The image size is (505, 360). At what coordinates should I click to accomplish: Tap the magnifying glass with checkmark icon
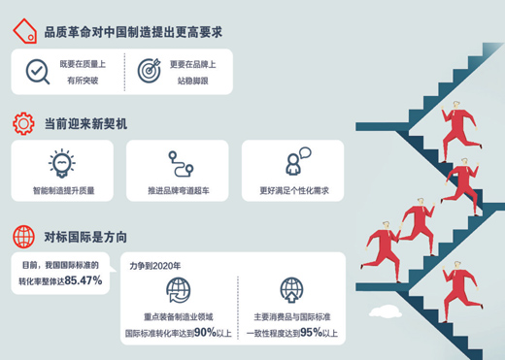click(x=38, y=71)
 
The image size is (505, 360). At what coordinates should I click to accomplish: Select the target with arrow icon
click(x=148, y=71)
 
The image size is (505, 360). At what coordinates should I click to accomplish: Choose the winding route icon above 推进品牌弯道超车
click(x=177, y=161)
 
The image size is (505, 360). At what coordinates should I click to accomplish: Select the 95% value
click(x=311, y=332)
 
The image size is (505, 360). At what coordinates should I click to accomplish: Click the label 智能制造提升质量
click(x=63, y=190)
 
